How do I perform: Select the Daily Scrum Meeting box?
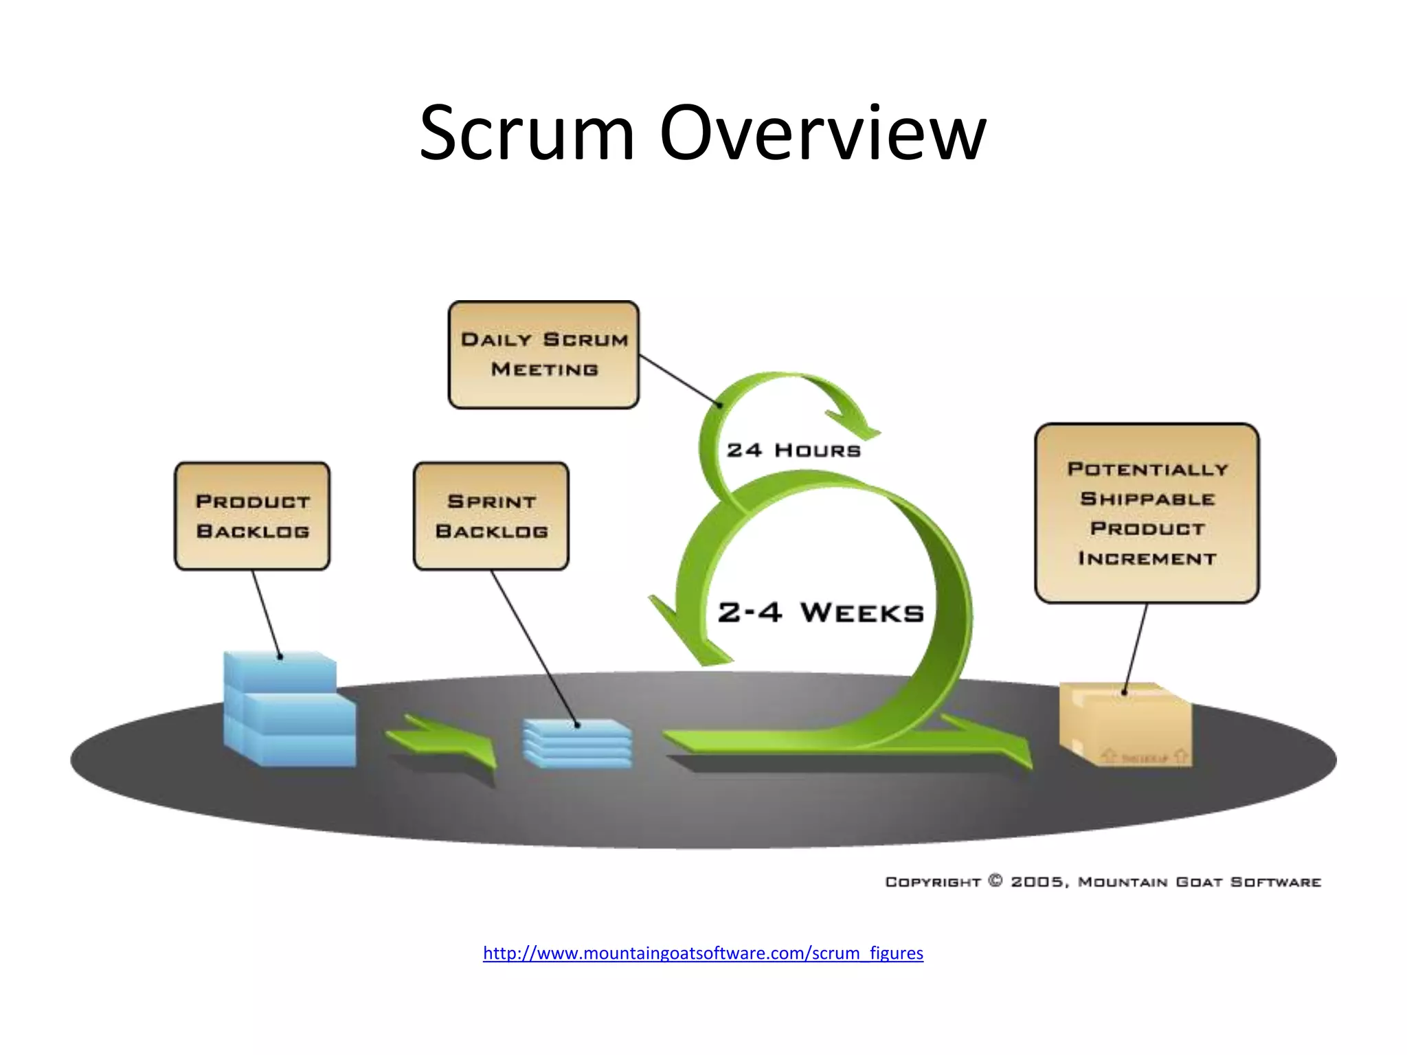543,354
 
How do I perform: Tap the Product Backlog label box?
252,516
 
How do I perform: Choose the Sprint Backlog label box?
491,516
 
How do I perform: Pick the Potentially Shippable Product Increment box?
1147,513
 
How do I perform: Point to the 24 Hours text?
793,451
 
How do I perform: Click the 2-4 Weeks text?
821,612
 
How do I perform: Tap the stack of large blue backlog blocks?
289,711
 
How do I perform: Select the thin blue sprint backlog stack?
577,744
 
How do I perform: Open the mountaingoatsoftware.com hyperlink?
703,953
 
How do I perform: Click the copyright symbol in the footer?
995,881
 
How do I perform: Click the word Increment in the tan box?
1147,558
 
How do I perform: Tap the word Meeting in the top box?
544,370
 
